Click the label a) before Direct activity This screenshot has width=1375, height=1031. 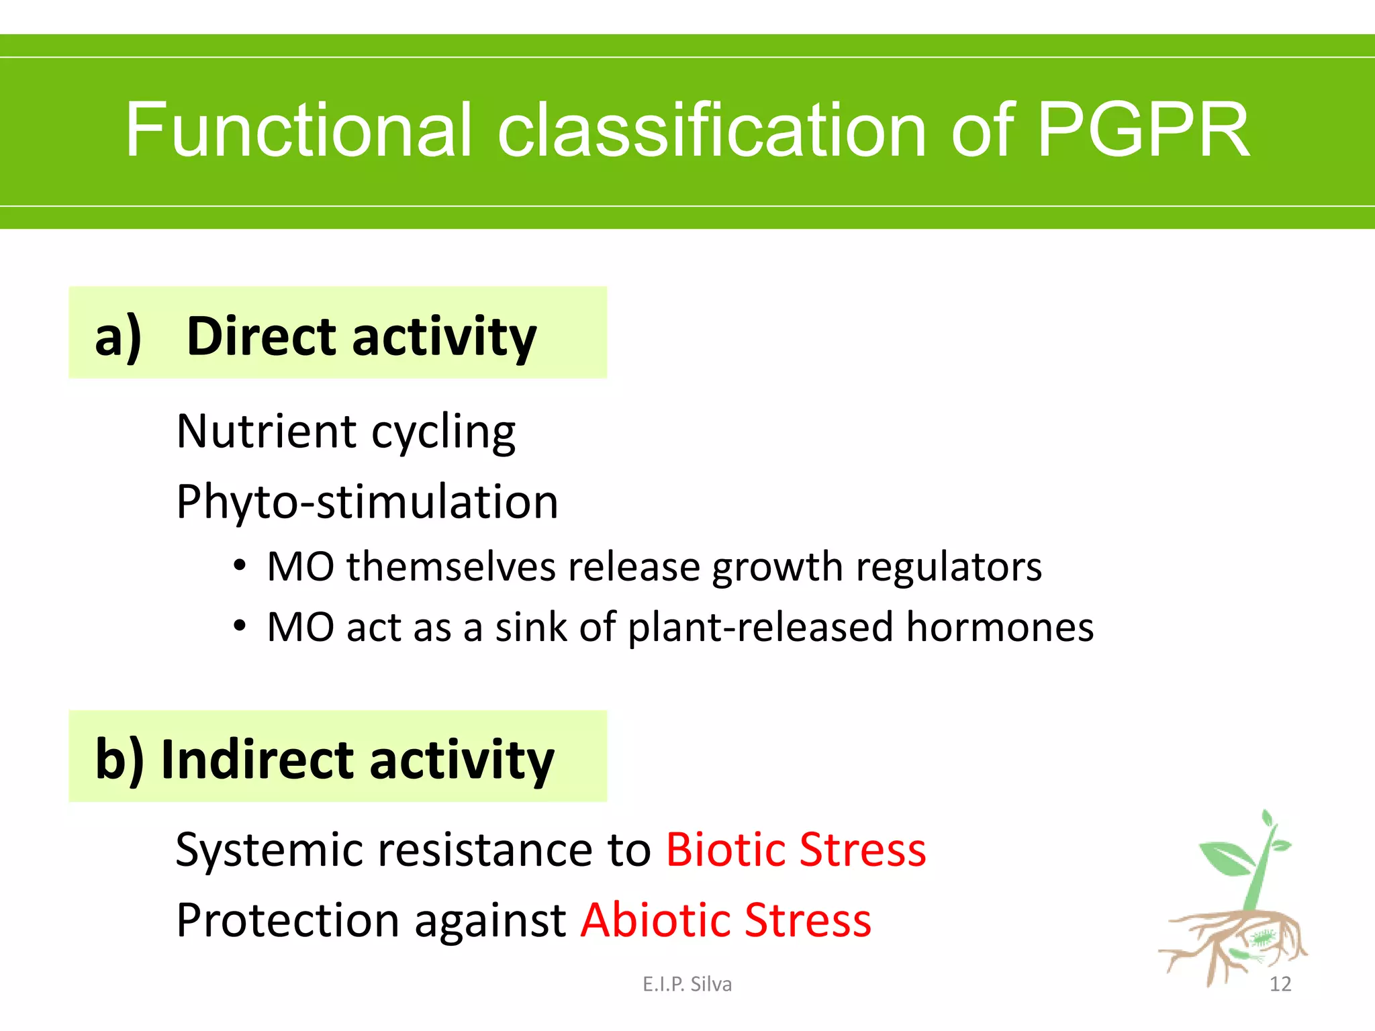(x=118, y=336)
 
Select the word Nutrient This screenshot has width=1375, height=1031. (x=266, y=432)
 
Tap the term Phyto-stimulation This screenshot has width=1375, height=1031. (x=367, y=502)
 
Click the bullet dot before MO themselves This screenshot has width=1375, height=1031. (x=240, y=566)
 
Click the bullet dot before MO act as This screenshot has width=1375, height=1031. (x=240, y=626)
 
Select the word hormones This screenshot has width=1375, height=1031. (x=1000, y=628)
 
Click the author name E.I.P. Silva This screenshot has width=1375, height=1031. (x=687, y=984)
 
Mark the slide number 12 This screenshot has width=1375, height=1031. (x=1280, y=984)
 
